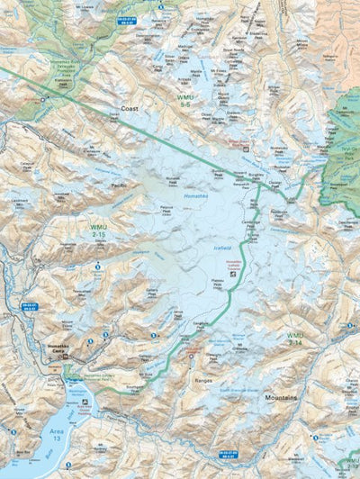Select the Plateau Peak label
click(x=216, y=281)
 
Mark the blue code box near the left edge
click(x=29, y=306)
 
